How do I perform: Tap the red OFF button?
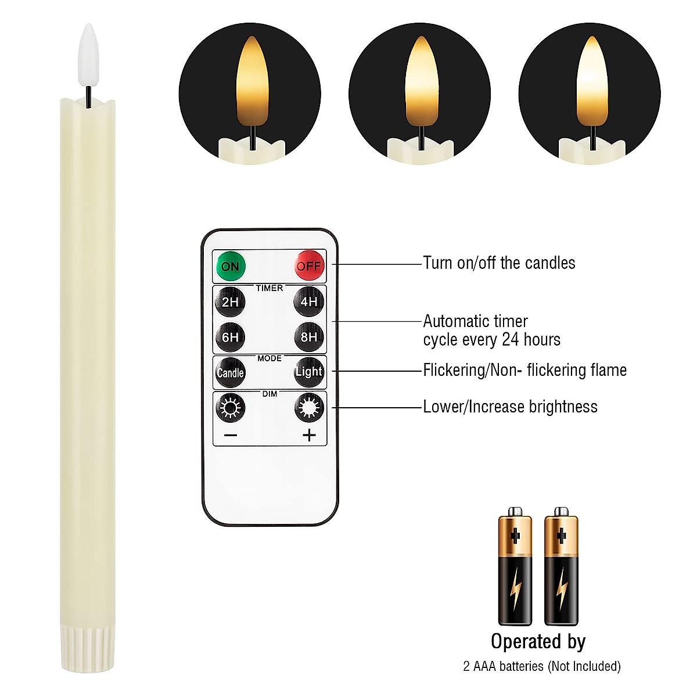308,265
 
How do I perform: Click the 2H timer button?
230,301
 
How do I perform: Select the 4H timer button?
308,301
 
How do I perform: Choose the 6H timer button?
230,337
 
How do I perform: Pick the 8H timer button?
308,337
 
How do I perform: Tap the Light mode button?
308,372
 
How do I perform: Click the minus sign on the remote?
231,435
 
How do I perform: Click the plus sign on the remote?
309,435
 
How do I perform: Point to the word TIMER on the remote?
270,288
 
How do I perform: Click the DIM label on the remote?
270,394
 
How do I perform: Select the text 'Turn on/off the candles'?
499,263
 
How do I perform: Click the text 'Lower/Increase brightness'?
510,407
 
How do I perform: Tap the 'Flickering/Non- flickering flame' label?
524,370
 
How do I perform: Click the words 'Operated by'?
538,641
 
